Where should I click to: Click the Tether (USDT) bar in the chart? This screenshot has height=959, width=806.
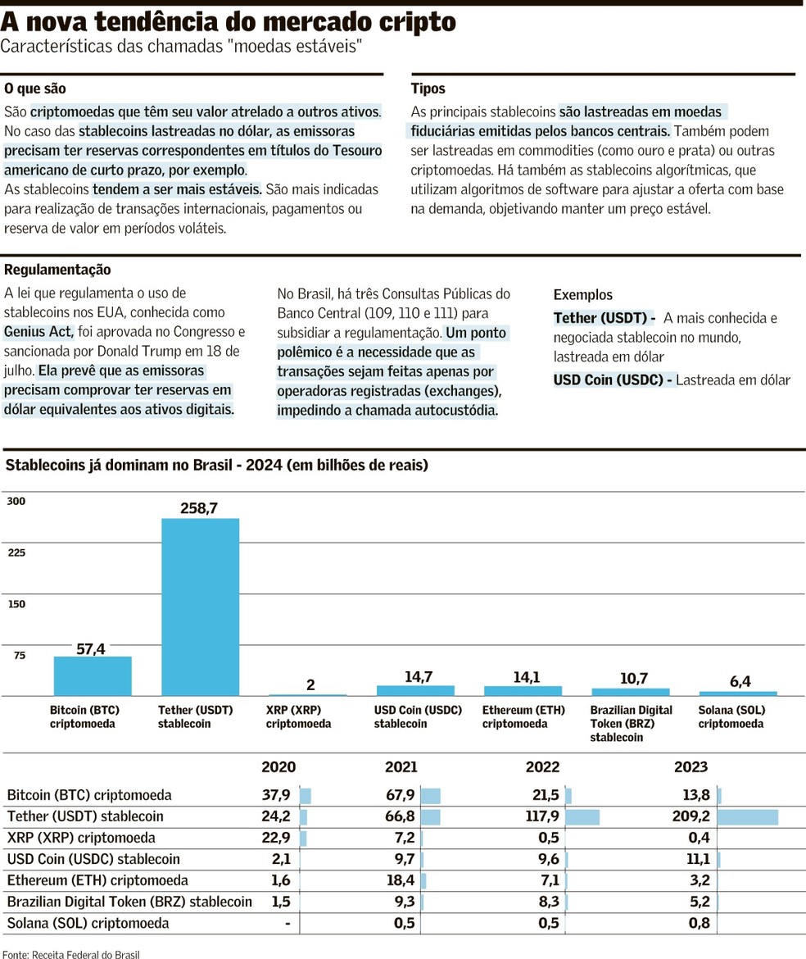(x=200, y=607)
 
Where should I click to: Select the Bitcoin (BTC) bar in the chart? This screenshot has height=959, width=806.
(x=93, y=675)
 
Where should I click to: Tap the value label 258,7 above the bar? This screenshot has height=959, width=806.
(x=199, y=508)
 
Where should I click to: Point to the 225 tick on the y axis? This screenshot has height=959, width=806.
(x=16, y=552)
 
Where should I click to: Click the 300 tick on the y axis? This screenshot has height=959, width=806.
(x=16, y=501)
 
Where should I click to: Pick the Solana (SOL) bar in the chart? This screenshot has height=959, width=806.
(x=738, y=693)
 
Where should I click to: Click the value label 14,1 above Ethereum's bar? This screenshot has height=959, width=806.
(x=523, y=677)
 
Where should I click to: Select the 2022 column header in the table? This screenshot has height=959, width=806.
(x=542, y=767)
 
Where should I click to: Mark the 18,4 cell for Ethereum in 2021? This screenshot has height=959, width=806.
(x=400, y=880)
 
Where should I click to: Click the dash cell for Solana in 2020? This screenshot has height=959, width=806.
(x=288, y=923)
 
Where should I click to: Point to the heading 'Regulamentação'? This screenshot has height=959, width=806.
(x=57, y=270)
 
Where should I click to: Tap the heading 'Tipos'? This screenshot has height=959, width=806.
(x=428, y=89)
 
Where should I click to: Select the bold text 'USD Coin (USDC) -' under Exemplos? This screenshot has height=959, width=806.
(x=614, y=380)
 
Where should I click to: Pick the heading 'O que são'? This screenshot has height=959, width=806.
(x=35, y=89)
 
